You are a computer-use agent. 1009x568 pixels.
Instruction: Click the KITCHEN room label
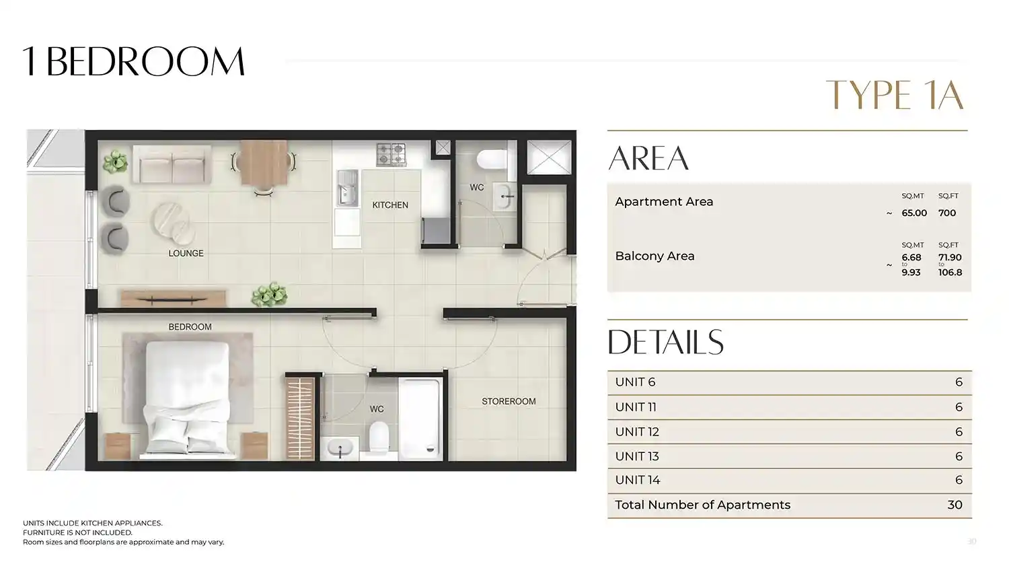pyautogui.click(x=390, y=205)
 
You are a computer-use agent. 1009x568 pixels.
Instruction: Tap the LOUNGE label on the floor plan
pyautogui.click(x=186, y=253)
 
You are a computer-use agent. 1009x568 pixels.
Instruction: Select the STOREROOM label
pyautogui.click(x=509, y=401)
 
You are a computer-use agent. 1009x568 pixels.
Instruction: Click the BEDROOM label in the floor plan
pyautogui.click(x=190, y=327)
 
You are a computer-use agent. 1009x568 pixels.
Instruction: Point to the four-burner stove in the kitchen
pyautogui.click(x=391, y=153)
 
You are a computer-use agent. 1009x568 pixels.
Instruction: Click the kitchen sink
pyautogui.click(x=348, y=188)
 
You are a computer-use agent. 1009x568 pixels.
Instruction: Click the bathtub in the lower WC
pyautogui.click(x=419, y=419)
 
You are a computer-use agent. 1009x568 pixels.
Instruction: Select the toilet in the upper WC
pyautogui.click(x=493, y=159)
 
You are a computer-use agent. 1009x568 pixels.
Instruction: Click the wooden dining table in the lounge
pyautogui.click(x=264, y=162)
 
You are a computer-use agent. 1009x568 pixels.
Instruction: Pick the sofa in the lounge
pyautogui.click(x=172, y=164)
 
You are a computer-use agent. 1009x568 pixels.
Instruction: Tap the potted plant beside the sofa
pyautogui.click(x=115, y=162)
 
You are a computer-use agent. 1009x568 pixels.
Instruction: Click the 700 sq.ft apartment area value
pyautogui.click(x=947, y=213)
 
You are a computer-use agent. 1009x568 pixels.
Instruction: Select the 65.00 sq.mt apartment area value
pyautogui.click(x=914, y=213)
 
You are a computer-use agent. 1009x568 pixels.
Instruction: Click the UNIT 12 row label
pyautogui.click(x=637, y=432)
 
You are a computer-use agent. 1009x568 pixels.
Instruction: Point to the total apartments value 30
pyautogui.click(x=955, y=505)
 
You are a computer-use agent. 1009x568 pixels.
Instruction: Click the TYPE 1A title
pyautogui.click(x=895, y=95)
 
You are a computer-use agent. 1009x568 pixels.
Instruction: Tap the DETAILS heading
pyautogui.click(x=666, y=342)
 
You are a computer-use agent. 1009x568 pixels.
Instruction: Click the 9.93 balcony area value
pyautogui.click(x=911, y=273)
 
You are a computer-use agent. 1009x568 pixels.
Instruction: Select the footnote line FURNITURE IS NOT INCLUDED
pyautogui.click(x=77, y=532)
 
